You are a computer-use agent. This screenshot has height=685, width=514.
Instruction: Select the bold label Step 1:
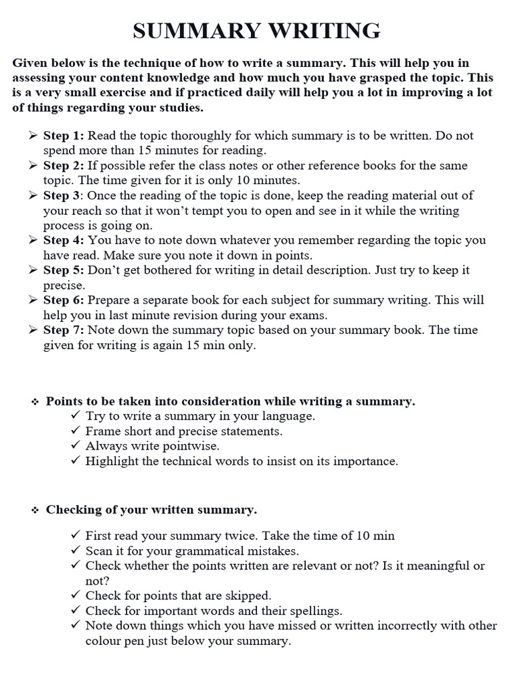coord(64,135)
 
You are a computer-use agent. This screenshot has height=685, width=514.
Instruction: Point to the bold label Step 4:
coord(64,239)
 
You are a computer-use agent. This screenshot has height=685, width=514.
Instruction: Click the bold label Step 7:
coord(64,330)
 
